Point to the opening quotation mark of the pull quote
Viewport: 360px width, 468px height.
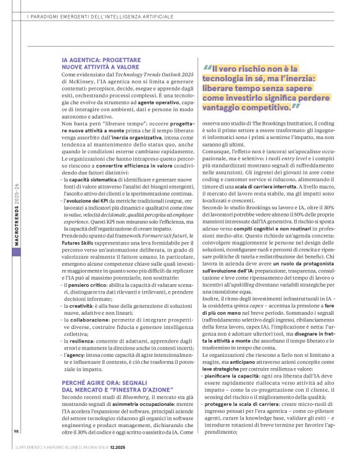click(207, 69)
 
